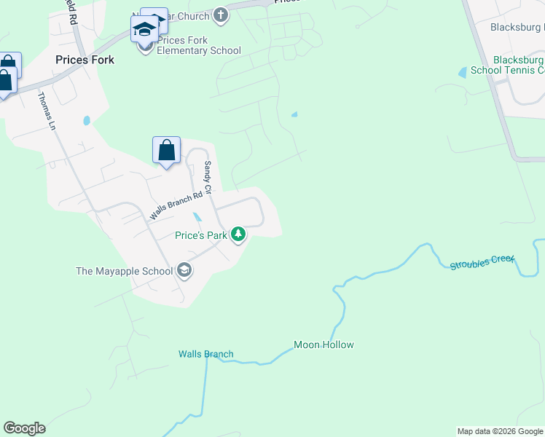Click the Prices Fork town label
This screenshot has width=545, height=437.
coord(85,60)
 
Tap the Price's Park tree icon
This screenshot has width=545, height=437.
coord(238,235)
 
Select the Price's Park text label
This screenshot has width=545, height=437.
coord(201,235)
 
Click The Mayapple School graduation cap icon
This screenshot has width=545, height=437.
coord(184,271)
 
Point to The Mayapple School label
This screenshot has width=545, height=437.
coord(125,271)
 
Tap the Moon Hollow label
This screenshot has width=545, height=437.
coord(324,345)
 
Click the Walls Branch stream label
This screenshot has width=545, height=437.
coord(206,355)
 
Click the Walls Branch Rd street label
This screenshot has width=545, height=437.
coord(176,206)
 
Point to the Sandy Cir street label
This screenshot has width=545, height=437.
coord(208,178)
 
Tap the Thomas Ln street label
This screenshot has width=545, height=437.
coord(47,110)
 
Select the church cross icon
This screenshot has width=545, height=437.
coord(221,15)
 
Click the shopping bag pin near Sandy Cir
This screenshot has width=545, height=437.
coord(166,151)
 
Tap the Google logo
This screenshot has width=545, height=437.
coord(24,428)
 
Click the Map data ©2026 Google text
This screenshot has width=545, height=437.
coord(499,431)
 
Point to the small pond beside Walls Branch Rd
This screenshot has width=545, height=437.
coord(197,217)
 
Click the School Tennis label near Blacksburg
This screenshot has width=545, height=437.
coord(507,71)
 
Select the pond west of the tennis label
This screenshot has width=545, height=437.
coord(462,72)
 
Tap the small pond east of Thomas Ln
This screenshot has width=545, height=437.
coord(87,121)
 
